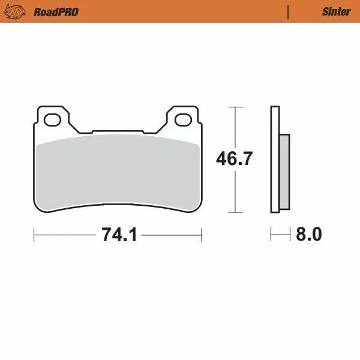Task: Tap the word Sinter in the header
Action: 336,11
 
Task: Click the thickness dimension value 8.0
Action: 309,235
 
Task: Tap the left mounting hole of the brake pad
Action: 52,120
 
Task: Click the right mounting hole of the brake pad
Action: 184,120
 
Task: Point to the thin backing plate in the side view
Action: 275,159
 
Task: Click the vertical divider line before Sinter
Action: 289,11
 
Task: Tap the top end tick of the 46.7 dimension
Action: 235,107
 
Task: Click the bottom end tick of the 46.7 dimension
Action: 235,212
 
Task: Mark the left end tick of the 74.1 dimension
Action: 34,235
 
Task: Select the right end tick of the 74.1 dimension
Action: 202,235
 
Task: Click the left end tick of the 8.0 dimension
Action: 271,235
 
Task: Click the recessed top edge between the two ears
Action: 118,131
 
